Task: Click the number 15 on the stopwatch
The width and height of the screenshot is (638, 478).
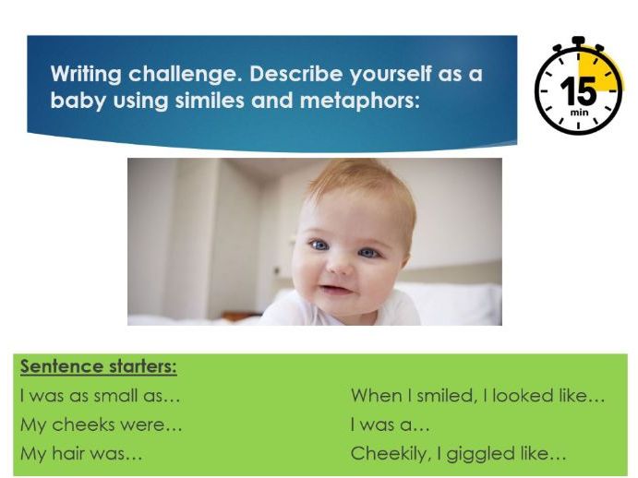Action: coord(579,93)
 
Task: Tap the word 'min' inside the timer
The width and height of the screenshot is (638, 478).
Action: coord(579,114)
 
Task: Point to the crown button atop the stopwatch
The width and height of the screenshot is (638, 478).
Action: coord(579,42)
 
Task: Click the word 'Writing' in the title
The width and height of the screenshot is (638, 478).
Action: coord(86,75)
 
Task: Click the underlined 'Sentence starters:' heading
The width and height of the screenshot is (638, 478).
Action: coord(99,367)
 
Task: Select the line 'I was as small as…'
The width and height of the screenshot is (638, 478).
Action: coord(100,396)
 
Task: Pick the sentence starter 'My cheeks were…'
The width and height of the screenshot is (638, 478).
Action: coord(101,425)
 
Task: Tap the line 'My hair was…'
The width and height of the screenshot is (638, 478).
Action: coord(81,454)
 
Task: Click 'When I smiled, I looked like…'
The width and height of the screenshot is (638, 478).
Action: coord(477,396)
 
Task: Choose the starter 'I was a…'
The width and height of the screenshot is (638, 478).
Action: coord(391,425)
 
